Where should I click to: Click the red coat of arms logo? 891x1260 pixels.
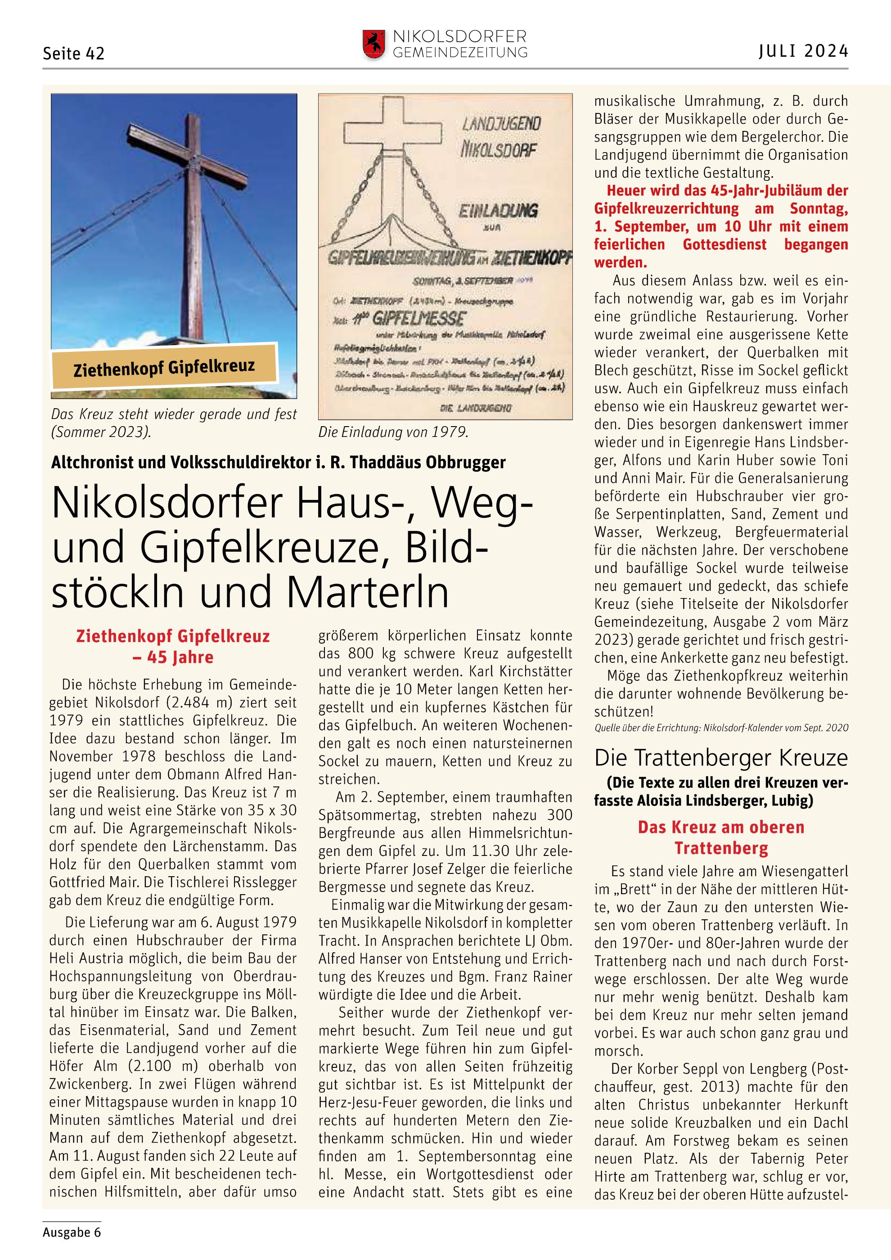373,45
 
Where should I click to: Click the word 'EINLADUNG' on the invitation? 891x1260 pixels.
499,211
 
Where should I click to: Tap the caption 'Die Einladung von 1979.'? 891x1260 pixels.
393,432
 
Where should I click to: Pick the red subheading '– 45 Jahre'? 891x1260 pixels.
173,657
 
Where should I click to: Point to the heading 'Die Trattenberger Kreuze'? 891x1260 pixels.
721,758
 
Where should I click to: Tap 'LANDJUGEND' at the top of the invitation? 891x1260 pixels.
501,123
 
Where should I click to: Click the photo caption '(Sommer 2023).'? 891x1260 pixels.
100,432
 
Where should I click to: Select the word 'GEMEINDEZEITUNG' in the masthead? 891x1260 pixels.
460,53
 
